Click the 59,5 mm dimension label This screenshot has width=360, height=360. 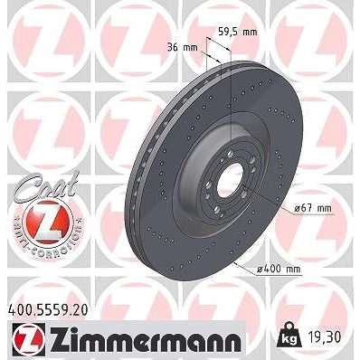click(x=238, y=32)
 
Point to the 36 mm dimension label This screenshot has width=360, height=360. click(x=183, y=47)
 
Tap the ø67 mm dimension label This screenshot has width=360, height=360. click(x=313, y=208)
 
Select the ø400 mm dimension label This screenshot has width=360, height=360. click(x=279, y=269)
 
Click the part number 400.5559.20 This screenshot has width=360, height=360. click(x=47, y=310)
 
